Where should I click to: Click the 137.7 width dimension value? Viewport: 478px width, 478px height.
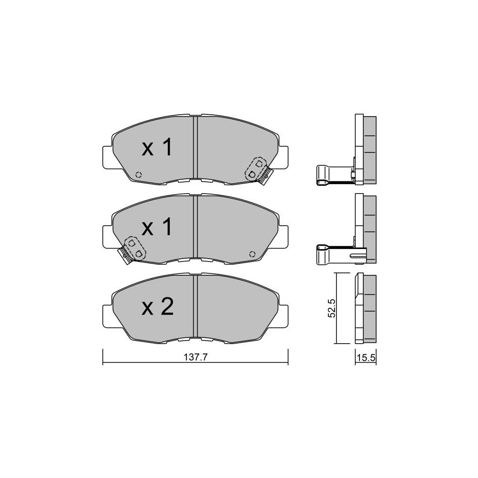point(196,357)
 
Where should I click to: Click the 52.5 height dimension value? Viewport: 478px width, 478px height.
point(331,308)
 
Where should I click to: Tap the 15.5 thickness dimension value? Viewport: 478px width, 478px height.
point(366,358)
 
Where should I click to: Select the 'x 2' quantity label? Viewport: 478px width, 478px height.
point(158,307)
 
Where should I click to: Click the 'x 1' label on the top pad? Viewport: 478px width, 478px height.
point(157,148)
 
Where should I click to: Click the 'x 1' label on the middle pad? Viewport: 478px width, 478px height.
point(157,228)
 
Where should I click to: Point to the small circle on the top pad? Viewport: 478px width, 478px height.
point(139,174)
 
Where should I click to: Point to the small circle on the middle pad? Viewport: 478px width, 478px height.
point(252,254)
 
